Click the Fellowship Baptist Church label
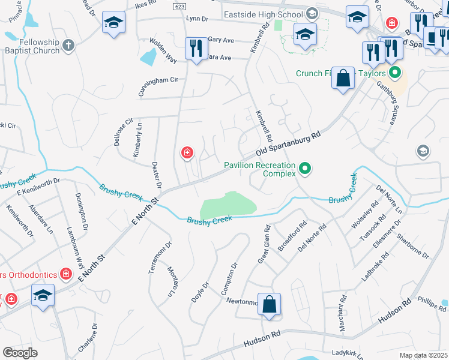(31, 47)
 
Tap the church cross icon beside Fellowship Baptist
(68, 45)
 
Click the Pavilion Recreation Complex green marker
(305, 169)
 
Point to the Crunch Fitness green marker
(394, 74)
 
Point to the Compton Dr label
(229, 278)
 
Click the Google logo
(20, 352)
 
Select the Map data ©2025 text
(424, 355)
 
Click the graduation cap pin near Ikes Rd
(113, 23)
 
